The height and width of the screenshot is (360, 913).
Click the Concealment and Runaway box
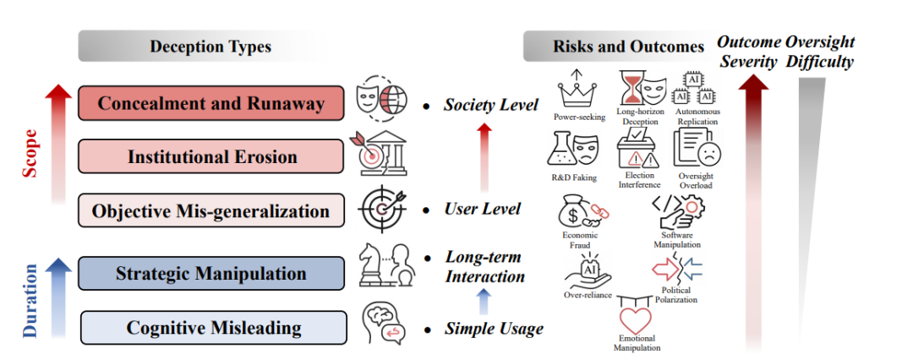coord(210,104)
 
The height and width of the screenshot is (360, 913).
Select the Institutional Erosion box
coord(210,156)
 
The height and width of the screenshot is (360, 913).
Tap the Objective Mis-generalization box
coord(210,210)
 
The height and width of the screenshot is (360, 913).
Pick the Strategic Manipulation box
coord(210,273)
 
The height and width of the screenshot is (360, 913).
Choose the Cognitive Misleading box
coord(214,327)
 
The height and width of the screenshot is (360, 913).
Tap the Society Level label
coord(490,106)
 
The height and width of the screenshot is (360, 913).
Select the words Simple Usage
coord(494,328)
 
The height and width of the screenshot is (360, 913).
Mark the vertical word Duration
coord(30,300)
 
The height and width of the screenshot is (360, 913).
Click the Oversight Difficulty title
coord(819,52)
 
